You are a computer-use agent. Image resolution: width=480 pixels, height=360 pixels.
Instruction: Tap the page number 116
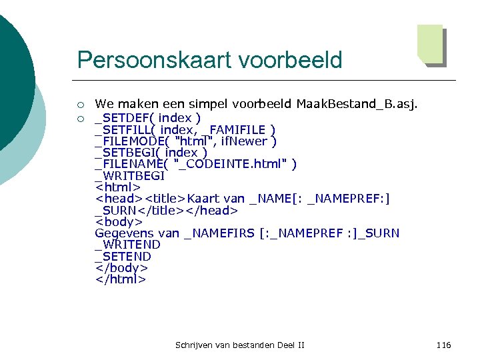click(443, 345)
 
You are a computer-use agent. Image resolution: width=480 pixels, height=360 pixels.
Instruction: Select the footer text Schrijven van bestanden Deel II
click(239, 345)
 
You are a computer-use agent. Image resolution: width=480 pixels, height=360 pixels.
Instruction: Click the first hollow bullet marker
click(81, 104)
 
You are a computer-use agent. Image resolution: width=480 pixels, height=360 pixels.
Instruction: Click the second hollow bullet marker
click(81, 118)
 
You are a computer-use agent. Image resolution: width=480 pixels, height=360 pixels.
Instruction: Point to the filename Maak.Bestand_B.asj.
click(357, 104)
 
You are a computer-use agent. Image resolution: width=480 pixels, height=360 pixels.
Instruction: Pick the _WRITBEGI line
click(129, 176)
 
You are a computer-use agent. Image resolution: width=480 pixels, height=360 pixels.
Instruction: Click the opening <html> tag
click(118, 187)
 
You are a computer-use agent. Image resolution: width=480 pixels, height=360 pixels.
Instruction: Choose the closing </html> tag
click(120, 279)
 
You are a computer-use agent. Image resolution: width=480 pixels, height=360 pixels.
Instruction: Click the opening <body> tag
click(119, 222)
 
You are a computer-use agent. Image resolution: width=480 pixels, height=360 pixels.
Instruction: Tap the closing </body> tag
click(121, 268)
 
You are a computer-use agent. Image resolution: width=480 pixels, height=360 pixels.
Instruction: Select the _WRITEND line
click(127, 245)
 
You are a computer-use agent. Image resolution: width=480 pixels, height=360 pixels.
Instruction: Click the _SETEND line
click(123, 257)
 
